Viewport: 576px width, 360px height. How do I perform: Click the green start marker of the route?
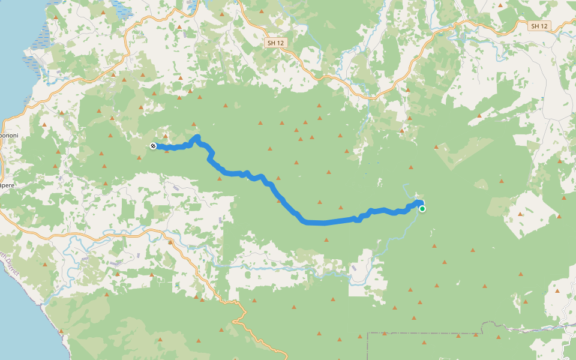[x=422, y=209]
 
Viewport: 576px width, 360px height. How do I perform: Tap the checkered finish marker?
[x=153, y=146]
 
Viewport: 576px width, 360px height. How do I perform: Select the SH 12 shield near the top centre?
[x=275, y=43]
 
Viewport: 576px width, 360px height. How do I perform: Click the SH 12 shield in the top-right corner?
[x=539, y=26]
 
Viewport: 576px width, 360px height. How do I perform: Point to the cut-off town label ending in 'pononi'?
[x=8, y=136]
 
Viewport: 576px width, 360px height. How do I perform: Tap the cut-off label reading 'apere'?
[x=7, y=185]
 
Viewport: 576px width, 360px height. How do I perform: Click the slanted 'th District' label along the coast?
[x=10, y=264]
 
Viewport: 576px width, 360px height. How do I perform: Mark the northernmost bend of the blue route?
[x=197, y=138]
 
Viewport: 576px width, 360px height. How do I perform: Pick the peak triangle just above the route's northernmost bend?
[x=194, y=125]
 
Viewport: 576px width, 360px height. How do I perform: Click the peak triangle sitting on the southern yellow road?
[x=170, y=243]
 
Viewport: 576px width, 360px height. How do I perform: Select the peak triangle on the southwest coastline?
[x=61, y=331]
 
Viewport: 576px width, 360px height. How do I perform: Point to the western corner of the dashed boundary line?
[x=367, y=333]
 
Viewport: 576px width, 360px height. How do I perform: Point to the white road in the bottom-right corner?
[x=567, y=336]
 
